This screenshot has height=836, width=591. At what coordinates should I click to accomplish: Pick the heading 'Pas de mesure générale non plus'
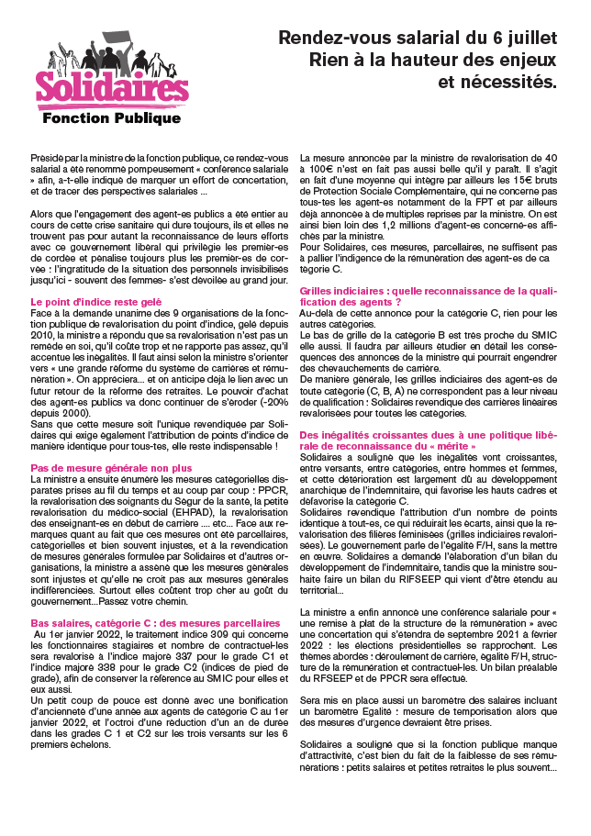tap(98, 468)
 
